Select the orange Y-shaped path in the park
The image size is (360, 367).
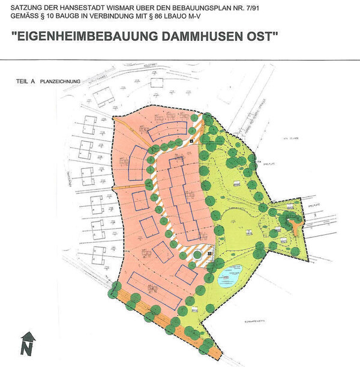pos(293,225)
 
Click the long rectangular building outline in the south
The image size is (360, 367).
pos(154,291)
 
